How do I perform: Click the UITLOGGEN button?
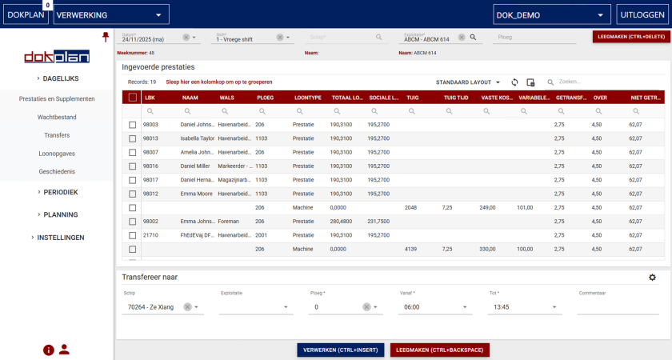(x=642, y=14)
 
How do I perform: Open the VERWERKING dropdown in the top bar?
(x=111, y=14)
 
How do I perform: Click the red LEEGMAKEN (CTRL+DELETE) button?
(x=631, y=37)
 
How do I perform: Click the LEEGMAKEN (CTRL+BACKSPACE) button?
(x=439, y=350)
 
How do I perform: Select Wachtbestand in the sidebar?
(x=57, y=117)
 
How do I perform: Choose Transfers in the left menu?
(x=57, y=135)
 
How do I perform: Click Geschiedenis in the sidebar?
(x=57, y=172)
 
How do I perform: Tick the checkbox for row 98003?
(x=133, y=125)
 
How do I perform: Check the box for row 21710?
(x=133, y=235)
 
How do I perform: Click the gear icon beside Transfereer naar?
(x=652, y=278)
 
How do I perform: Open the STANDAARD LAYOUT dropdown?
(x=468, y=82)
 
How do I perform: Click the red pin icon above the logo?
(x=105, y=37)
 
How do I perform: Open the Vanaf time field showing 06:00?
(x=436, y=306)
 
